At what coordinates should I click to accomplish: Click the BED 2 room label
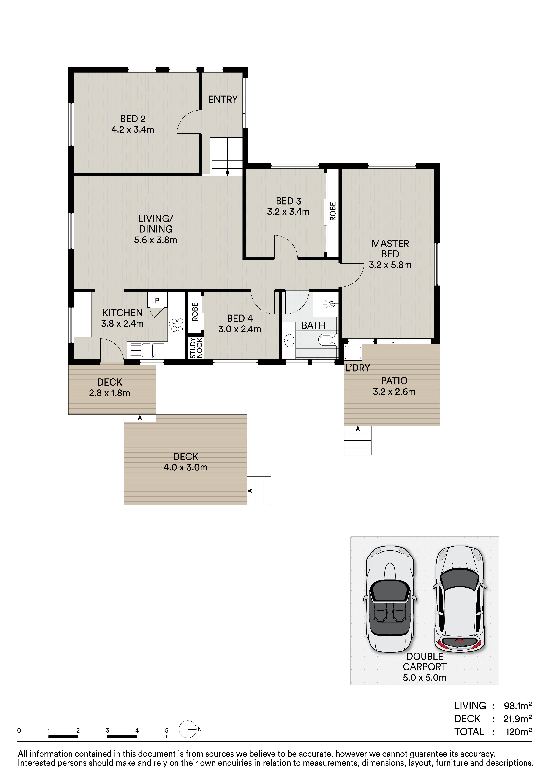[133, 119]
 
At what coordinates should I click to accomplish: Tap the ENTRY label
[223, 99]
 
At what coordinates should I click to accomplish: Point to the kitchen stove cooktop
[176, 325]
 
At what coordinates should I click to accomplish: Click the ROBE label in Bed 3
[333, 211]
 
